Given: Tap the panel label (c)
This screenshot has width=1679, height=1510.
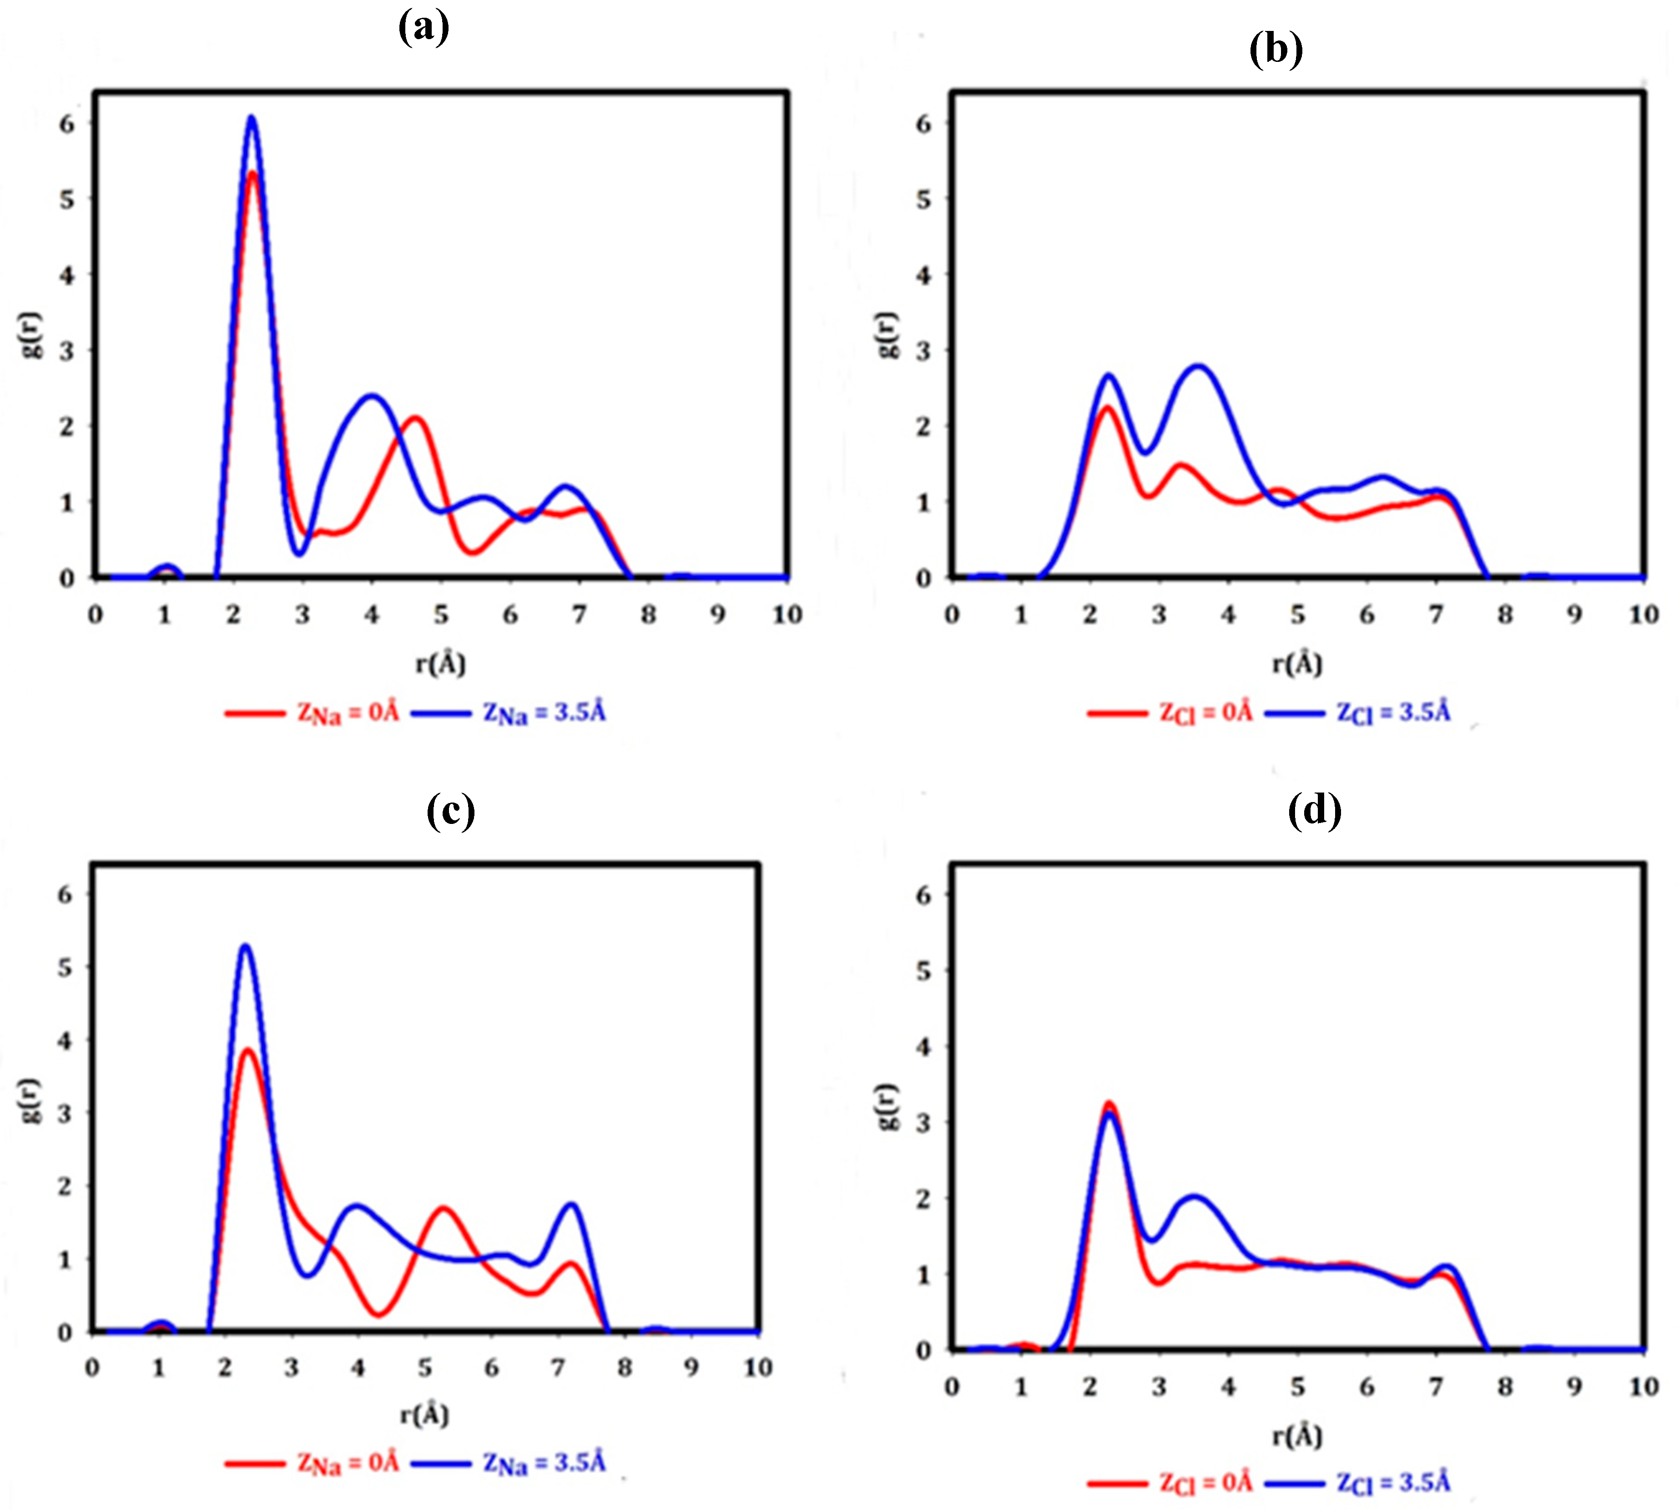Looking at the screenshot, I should [450, 811].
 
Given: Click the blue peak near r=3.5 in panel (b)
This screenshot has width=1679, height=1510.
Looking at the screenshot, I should [1200, 367].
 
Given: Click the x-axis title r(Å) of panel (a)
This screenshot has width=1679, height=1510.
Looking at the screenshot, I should [440, 664].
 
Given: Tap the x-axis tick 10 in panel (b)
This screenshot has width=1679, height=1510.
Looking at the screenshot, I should [1644, 615].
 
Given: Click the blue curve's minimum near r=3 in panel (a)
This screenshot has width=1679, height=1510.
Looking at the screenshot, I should [300, 553].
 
